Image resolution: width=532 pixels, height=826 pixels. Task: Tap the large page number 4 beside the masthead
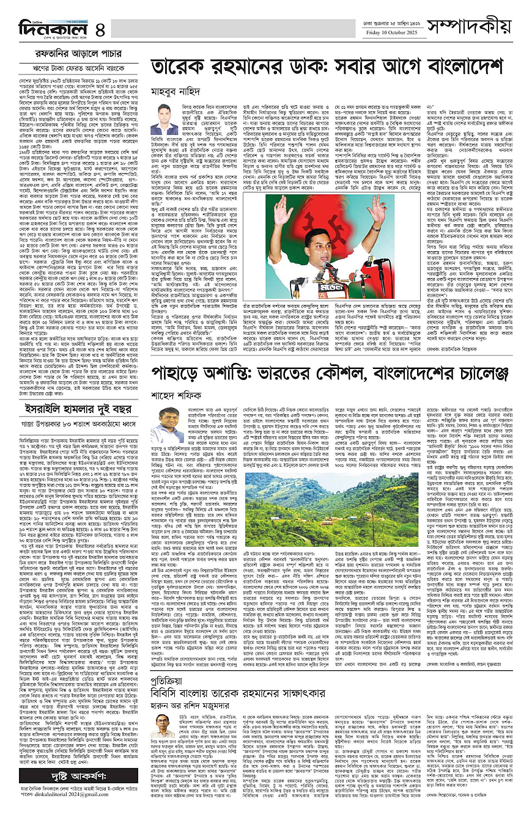point(100,28)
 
